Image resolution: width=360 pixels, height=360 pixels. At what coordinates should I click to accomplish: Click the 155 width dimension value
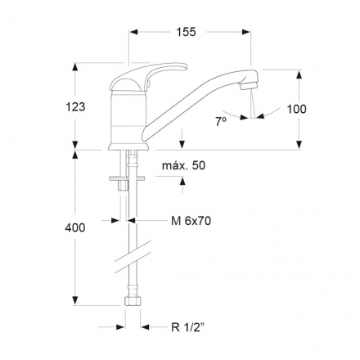pyautogui.click(x=186, y=32)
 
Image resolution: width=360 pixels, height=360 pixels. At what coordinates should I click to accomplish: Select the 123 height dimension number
pyautogui.click(x=75, y=107)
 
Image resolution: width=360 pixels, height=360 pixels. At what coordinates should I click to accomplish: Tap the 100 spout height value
pyautogui.click(x=296, y=109)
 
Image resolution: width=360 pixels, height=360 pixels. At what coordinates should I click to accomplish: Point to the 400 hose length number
pyautogui.click(x=75, y=227)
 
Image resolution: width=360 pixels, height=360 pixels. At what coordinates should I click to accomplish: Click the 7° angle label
pyautogui.click(x=221, y=121)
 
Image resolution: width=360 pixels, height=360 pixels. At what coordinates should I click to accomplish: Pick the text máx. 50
pyautogui.click(x=183, y=165)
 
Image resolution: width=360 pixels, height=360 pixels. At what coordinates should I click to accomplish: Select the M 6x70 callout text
pyautogui.click(x=191, y=221)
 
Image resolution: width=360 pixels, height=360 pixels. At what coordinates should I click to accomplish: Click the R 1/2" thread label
pyautogui.click(x=188, y=326)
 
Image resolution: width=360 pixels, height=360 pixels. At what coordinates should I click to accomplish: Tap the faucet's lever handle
pyautogui.click(x=149, y=75)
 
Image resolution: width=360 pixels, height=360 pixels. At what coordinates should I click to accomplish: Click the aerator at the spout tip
pyautogui.click(x=249, y=86)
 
